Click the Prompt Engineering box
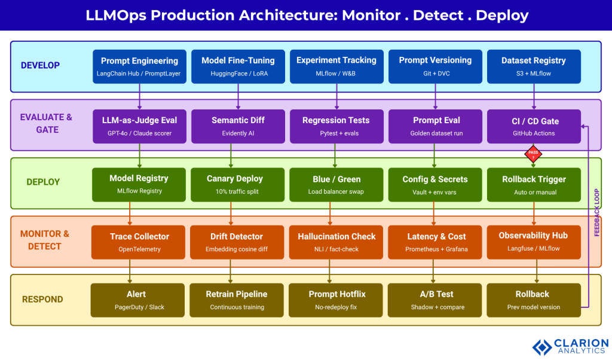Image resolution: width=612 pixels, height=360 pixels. [139, 66]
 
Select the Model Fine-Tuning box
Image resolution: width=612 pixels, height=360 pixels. [238, 66]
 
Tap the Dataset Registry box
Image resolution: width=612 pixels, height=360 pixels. [534, 66]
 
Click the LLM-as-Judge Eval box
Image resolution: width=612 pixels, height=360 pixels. [139, 126]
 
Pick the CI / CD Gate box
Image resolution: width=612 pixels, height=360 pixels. [534, 126]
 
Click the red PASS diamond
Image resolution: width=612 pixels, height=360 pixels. [533, 154]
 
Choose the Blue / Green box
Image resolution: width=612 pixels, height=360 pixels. [336, 184]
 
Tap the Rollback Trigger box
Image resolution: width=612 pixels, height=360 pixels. [534, 184]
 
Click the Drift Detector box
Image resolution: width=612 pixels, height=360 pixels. [238, 242]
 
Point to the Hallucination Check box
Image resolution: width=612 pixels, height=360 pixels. [336, 242]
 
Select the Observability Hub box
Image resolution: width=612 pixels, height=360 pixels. [534, 241]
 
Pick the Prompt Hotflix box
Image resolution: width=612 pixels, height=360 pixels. [336, 300]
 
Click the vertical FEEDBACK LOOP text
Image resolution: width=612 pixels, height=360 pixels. [596, 212]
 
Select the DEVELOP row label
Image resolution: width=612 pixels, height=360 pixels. [40, 65]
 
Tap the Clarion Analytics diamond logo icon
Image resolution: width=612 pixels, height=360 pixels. [541, 347]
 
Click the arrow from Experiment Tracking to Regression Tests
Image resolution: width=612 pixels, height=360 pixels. [336, 96]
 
